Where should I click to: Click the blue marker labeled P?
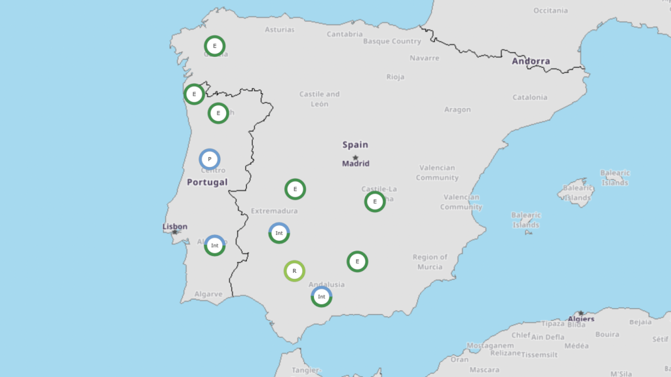click(x=210, y=159)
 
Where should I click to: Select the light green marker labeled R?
click(x=294, y=271)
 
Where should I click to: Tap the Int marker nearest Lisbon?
click(x=214, y=245)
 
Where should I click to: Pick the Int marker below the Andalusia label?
click(x=321, y=296)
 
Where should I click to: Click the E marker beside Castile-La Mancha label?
click(x=375, y=202)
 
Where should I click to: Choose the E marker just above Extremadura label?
click(x=296, y=190)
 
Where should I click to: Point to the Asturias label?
click(x=280, y=29)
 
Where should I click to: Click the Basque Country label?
click(x=392, y=41)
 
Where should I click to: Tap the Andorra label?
click(x=531, y=62)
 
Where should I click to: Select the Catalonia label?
click(x=529, y=98)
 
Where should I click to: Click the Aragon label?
click(x=457, y=109)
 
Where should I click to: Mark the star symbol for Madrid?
click(x=356, y=158)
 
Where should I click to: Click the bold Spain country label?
click(x=355, y=145)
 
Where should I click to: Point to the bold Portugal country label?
click(x=207, y=182)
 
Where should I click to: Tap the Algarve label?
click(x=208, y=295)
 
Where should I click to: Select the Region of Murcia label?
click(x=431, y=262)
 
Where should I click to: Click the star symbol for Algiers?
click(x=580, y=314)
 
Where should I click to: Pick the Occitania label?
click(x=551, y=10)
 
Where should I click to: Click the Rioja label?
click(x=395, y=77)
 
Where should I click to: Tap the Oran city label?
click(x=459, y=359)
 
